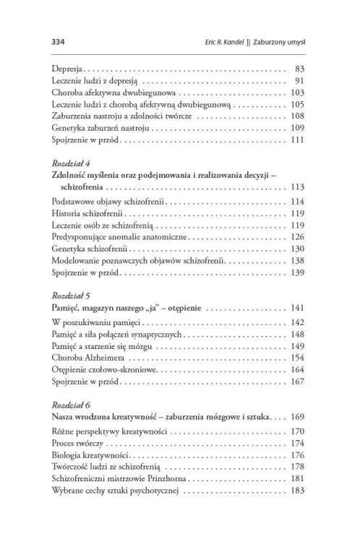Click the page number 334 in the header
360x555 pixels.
[59, 41]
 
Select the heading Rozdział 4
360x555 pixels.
[70, 163]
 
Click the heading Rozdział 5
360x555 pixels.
[70, 296]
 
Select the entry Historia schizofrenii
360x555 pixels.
[87, 214]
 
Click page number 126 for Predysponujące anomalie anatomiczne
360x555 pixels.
[297, 236]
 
